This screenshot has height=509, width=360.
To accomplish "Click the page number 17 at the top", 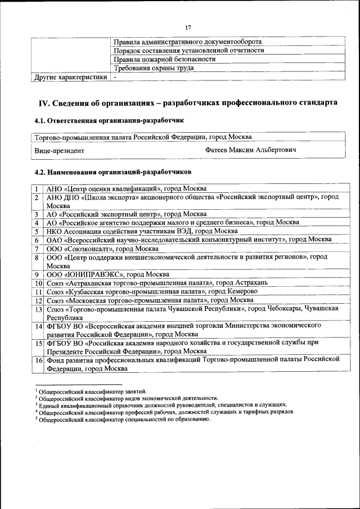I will click(x=188, y=28).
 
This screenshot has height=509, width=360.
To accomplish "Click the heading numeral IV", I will click(x=44, y=103).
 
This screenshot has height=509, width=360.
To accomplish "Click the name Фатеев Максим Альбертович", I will click(x=251, y=150).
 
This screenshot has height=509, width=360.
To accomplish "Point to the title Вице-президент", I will click(x=59, y=151).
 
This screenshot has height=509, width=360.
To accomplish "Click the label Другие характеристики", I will click(x=70, y=76).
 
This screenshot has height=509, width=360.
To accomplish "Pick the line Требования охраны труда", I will click(x=154, y=67).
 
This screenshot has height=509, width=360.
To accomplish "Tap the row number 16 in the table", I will click(x=38, y=360).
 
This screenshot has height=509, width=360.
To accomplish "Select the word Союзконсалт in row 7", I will click(x=91, y=248).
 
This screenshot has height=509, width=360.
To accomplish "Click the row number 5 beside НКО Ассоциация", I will click(x=36, y=231).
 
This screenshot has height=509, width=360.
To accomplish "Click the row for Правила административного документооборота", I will click(x=187, y=42).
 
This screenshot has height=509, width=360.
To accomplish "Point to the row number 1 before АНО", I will click(x=36, y=188).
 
